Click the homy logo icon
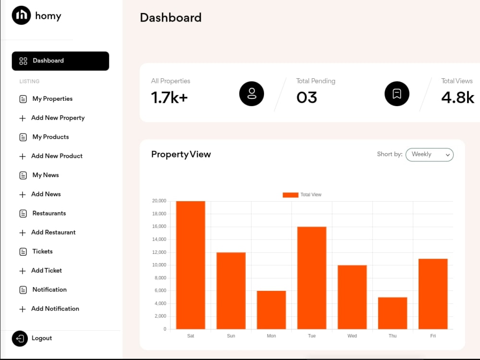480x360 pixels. pyautogui.click(x=21, y=15)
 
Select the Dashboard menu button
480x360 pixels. pyautogui.click(x=60, y=61)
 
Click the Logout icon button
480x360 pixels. pyautogui.click(x=20, y=338)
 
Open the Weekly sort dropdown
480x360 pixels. pyautogui.click(x=430, y=155)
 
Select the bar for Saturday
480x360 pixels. pyautogui.click(x=191, y=265)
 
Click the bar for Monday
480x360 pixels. pyautogui.click(x=271, y=310)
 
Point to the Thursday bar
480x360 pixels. pyautogui.click(x=393, y=313)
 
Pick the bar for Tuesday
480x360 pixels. pyautogui.click(x=312, y=278)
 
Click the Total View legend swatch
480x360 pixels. pyautogui.click(x=290, y=195)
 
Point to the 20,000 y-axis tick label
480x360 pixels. pyautogui.click(x=159, y=201)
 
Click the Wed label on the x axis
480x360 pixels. pyautogui.click(x=352, y=336)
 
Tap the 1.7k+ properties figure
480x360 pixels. pyautogui.click(x=169, y=97)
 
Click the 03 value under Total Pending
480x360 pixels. pyautogui.click(x=306, y=97)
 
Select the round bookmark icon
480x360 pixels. pyautogui.click(x=397, y=94)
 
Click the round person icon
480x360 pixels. pyautogui.click(x=252, y=94)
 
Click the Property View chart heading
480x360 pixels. pyautogui.click(x=181, y=155)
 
